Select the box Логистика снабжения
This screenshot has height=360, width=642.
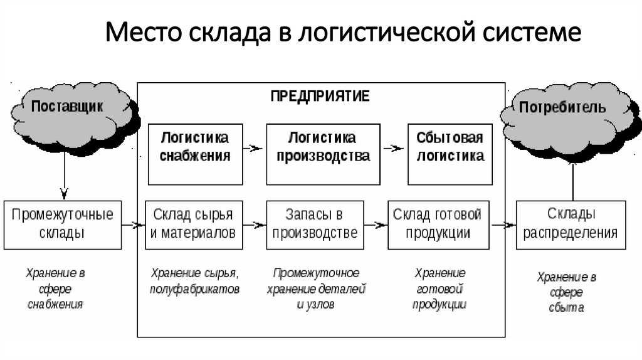tap(196, 154)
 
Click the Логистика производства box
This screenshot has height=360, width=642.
tap(323, 154)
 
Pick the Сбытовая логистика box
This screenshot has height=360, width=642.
tap(450, 154)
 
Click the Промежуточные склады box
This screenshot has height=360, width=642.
tap(63, 225)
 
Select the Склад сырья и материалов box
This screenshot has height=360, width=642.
tap(194, 225)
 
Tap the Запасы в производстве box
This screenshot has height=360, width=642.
tap(315, 225)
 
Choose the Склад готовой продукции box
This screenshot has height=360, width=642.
tap(438, 225)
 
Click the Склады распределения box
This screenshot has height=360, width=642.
tap(571, 225)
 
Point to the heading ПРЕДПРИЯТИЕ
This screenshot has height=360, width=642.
tap(320, 96)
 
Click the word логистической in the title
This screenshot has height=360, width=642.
tap(387, 32)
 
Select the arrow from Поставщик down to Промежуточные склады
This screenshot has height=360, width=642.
tap(65, 177)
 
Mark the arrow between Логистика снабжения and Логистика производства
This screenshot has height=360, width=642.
tap(253, 148)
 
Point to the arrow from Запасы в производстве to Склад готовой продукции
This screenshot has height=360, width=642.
tap(376, 225)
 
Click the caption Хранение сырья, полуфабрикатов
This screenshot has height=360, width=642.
tap(194, 281)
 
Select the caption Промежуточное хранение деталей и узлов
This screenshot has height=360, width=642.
tap(316, 289)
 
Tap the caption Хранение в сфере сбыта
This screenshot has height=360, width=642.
tap(567, 292)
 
